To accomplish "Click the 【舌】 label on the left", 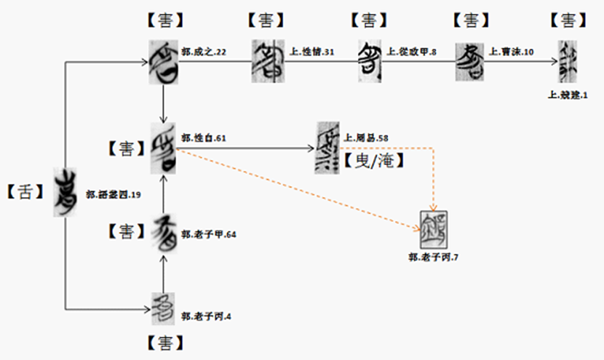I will coord(26,193).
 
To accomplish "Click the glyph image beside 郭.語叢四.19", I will coord(66,192).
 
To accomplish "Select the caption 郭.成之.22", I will coord(205,52).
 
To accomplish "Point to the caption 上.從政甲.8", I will coord(411,52).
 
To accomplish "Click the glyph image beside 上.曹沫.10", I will coord(470,59).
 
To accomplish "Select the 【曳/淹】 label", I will coord(373,161).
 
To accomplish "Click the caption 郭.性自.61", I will coord(204,137).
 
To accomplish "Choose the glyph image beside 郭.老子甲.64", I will coord(163,236).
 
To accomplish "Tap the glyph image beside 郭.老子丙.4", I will coord(163,309).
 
